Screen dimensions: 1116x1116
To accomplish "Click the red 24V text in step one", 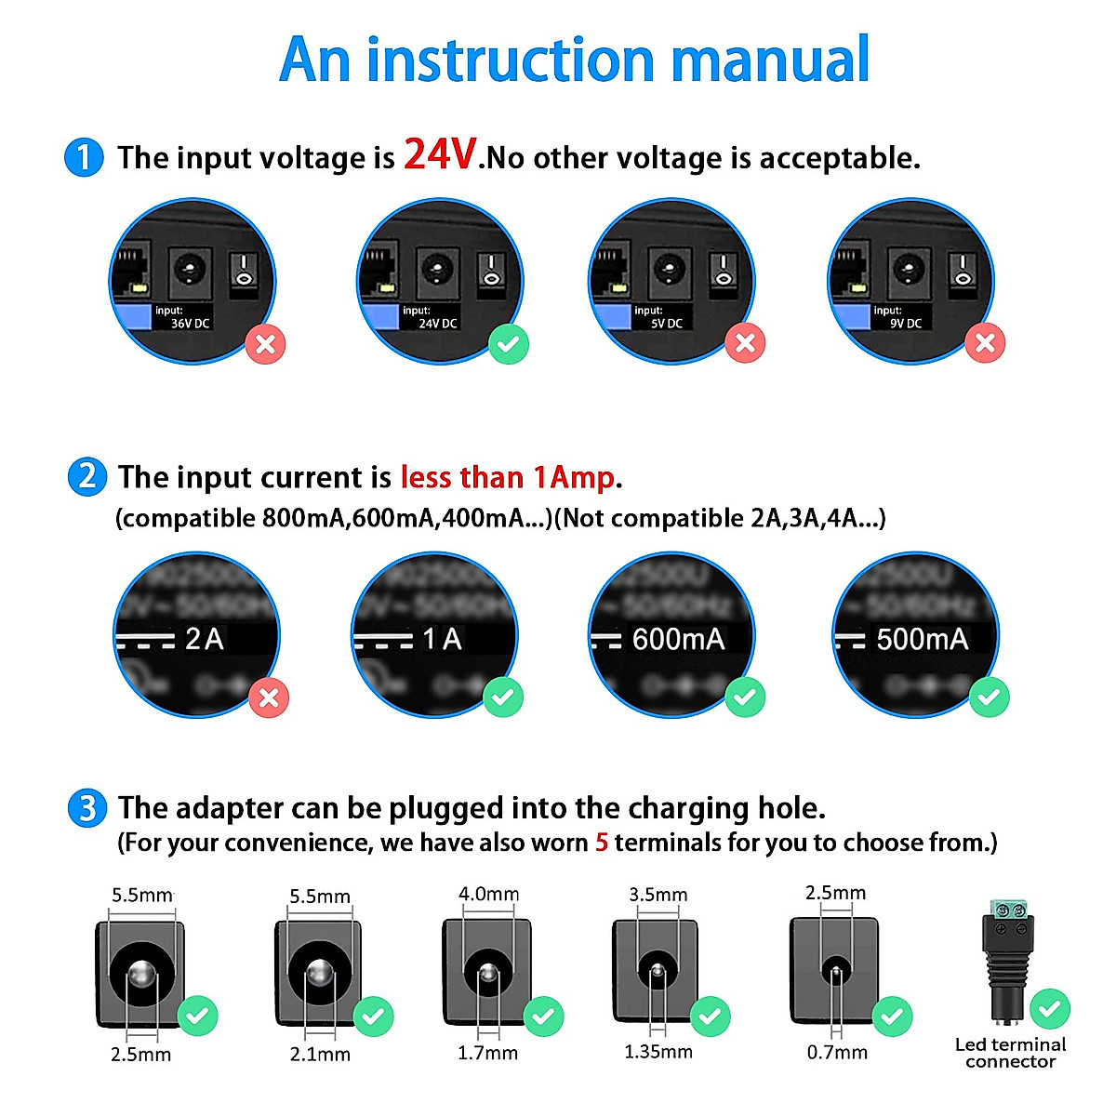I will pyautogui.click(x=440, y=154).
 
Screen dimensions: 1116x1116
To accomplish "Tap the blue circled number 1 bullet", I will pyautogui.click(x=84, y=157).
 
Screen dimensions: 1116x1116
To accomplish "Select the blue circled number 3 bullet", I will pyautogui.click(x=87, y=807).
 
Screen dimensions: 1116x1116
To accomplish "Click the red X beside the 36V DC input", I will pyautogui.click(x=266, y=344).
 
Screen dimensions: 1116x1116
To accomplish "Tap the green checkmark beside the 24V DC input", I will pyautogui.click(x=509, y=344).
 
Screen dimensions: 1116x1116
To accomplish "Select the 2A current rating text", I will pyautogui.click(x=205, y=639).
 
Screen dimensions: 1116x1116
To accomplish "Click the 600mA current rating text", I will pyautogui.click(x=678, y=639).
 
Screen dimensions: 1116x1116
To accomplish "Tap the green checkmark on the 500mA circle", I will pyautogui.click(x=989, y=697).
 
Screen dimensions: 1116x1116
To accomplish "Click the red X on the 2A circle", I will pyautogui.click(x=269, y=697).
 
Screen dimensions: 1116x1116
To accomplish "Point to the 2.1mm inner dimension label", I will pyautogui.click(x=320, y=1055).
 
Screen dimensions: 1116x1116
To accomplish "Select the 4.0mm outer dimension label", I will pyautogui.click(x=488, y=894).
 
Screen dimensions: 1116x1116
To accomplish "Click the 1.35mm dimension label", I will pyautogui.click(x=658, y=1052).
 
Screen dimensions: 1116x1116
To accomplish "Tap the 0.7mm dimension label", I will pyautogui.click(x=837, y=1052).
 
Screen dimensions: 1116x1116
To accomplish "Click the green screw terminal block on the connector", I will pyautogui.click(x=1008, y=910).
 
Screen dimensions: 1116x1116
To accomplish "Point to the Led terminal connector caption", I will pyautogui.click(x=1010, y=1053).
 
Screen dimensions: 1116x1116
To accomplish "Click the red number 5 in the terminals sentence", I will pyautogui.click(x=602, y=843).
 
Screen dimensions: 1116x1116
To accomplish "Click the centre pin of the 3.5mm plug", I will pyautogui.click(x=658, y=972).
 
